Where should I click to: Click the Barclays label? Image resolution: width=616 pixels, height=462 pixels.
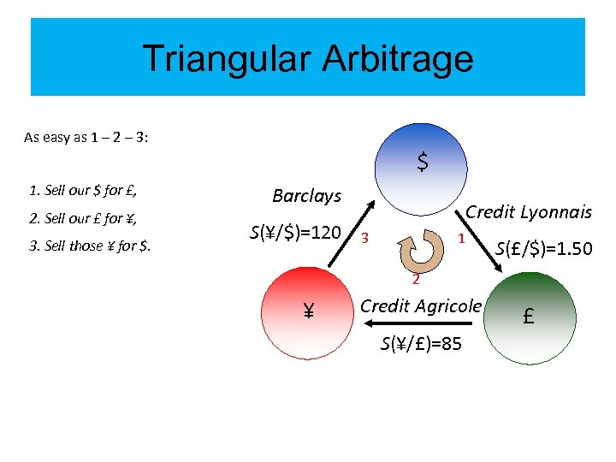tap(306, 196)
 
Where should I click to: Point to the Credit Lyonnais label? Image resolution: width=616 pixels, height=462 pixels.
tap(528, 212)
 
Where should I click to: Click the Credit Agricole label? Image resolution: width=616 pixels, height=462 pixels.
tap(421, 305)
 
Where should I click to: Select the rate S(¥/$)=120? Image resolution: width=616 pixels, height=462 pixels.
tap(295, 233)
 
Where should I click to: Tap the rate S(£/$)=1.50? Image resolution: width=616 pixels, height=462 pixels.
tap(544, 249)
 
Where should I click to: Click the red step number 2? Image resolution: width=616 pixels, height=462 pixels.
tap(414, 280)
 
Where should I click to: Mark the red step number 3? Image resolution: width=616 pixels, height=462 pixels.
tap(365, 237)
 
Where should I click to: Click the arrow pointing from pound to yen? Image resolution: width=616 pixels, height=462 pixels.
tap(419, 324)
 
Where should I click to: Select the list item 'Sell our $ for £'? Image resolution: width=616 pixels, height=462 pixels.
tap(83, 189)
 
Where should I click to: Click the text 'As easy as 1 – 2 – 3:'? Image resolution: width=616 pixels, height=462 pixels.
tap(86, 137)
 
